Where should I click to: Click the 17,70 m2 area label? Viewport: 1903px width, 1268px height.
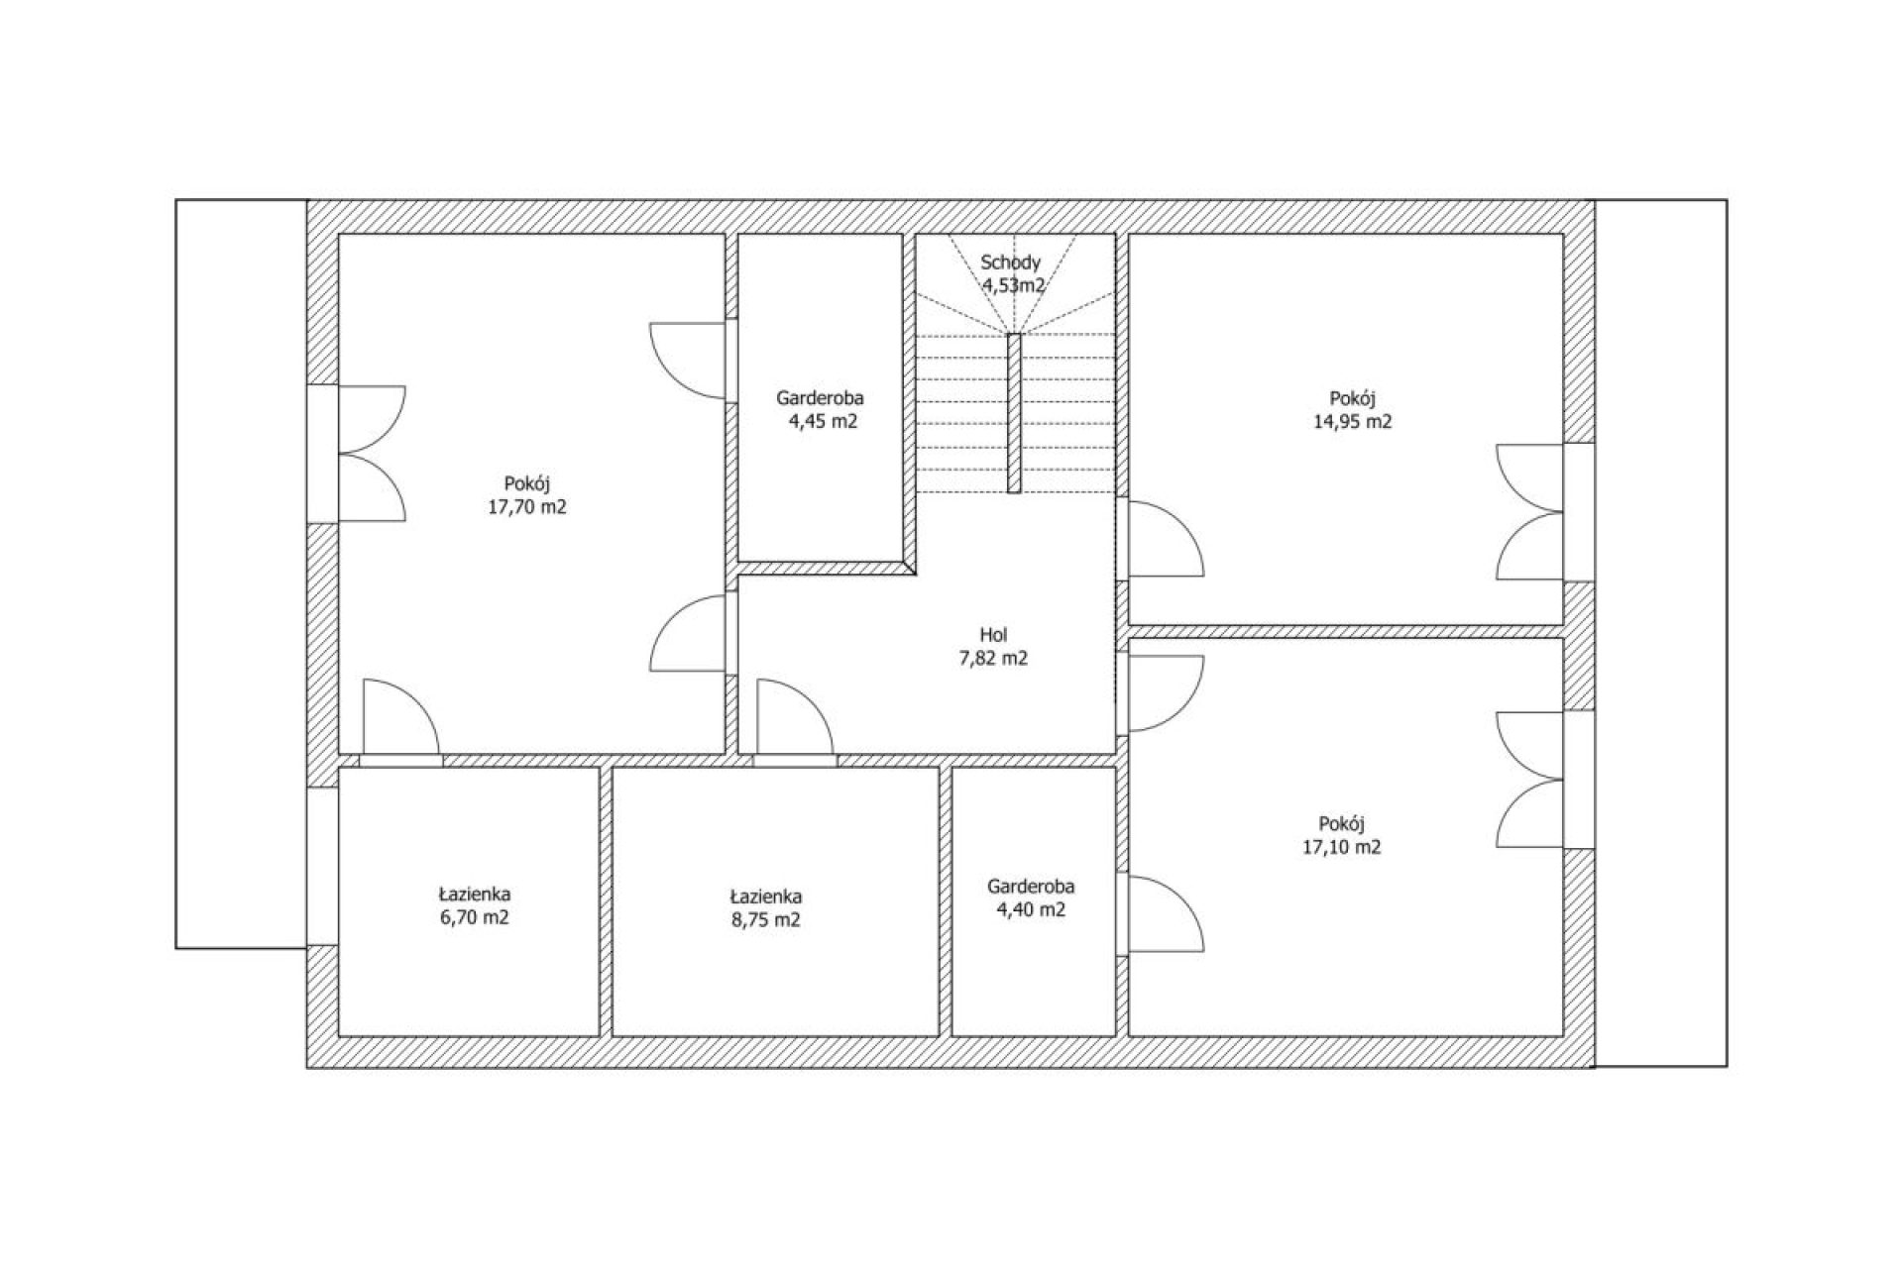527,508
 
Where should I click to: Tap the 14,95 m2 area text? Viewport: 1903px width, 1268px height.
1353,421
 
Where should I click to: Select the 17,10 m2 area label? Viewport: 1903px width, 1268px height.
1342,847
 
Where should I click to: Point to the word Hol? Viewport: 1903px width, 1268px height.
993,635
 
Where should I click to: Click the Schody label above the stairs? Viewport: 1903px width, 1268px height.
1011,263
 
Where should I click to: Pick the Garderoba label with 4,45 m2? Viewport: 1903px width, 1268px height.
820,398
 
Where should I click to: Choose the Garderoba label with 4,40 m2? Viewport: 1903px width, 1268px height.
1031,887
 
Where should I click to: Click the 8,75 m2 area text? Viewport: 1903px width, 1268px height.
765,919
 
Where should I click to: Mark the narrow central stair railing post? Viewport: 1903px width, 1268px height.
1014,412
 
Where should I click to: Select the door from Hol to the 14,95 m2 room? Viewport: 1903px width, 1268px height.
1166,538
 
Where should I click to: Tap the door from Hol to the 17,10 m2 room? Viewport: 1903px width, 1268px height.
1166,693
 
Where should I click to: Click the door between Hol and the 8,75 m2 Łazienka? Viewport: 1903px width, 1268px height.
795,717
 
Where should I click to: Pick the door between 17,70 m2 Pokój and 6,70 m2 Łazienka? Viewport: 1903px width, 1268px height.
401,717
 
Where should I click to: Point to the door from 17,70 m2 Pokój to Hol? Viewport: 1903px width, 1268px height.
688,633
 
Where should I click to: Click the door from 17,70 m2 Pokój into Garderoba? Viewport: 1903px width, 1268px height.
688,361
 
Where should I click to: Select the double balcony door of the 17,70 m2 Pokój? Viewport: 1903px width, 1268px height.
372,454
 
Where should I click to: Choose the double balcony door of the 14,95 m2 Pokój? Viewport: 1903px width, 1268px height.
1530,512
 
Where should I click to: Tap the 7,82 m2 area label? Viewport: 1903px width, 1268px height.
993,659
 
